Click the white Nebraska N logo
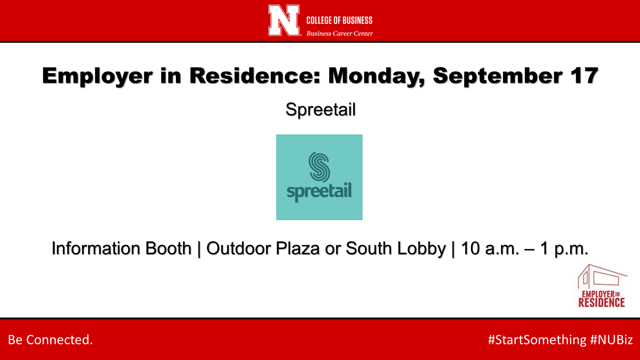click(284, 20)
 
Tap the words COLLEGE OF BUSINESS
click(339, 20)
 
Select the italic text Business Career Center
click(340, 33)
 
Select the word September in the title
click(498, 76)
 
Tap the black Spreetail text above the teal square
click(320, 109)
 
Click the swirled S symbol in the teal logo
click(319, 167)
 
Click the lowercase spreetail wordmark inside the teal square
click(319, 192)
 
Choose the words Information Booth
click(122, 248)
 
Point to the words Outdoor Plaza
click(263, 248)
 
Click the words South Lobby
click(396, 249)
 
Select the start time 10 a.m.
click(490, 248)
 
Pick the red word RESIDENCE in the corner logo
click(601, 302)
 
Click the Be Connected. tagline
click(50, 340)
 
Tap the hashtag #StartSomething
click(537, 340)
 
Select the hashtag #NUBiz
click(612, 340)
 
